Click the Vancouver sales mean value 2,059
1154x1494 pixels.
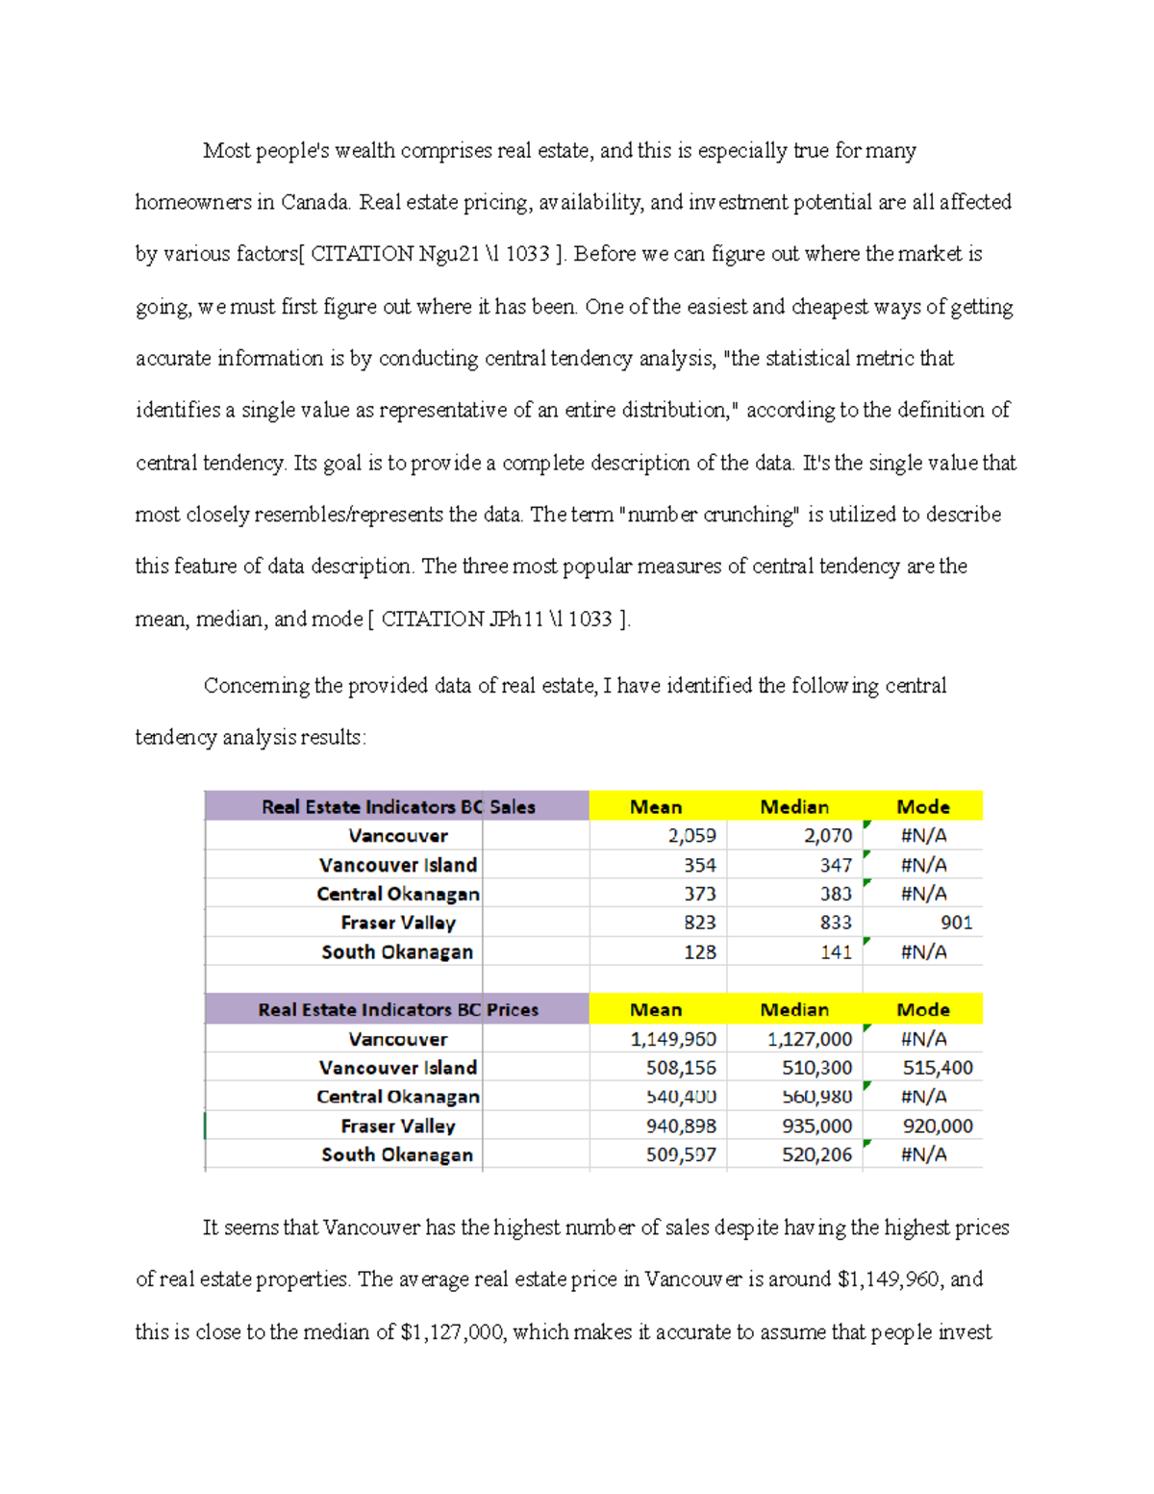point(691,836)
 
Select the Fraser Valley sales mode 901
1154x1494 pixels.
point(956,923)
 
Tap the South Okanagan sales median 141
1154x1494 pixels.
point(835,952)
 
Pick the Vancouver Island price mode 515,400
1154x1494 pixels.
point(937,1068)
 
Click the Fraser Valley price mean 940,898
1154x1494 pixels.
point(680,1126)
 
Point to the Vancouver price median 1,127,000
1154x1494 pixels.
point(809,1039)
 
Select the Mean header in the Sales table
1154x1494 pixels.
point(656,807)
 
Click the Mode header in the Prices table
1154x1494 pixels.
point(922,1010)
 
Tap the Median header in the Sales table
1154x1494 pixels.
point(793,807)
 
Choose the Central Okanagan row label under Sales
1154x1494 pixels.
point(397,894)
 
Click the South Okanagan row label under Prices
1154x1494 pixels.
point(396,1154)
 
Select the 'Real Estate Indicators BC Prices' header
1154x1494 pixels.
point(397,1010)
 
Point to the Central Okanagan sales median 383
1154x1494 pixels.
point(835,894)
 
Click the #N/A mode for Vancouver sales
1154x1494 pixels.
point(922,836)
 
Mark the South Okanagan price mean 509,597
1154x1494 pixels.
point(680,1154)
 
